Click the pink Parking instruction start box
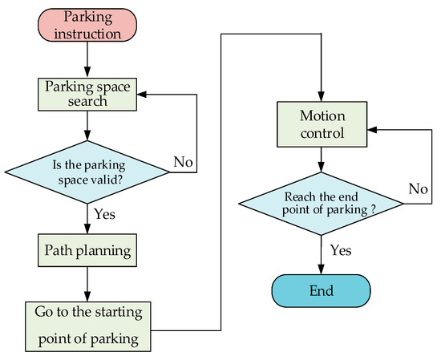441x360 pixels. point(86,26)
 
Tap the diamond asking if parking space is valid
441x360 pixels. point(86,169)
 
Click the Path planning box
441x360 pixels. point(86,250)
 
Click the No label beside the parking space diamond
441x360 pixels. point(183,161)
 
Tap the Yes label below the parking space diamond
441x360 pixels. point(104,214)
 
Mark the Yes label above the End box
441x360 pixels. point(342,250)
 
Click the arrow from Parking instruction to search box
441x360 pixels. point(86,60)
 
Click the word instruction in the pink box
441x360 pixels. point(86,34)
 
